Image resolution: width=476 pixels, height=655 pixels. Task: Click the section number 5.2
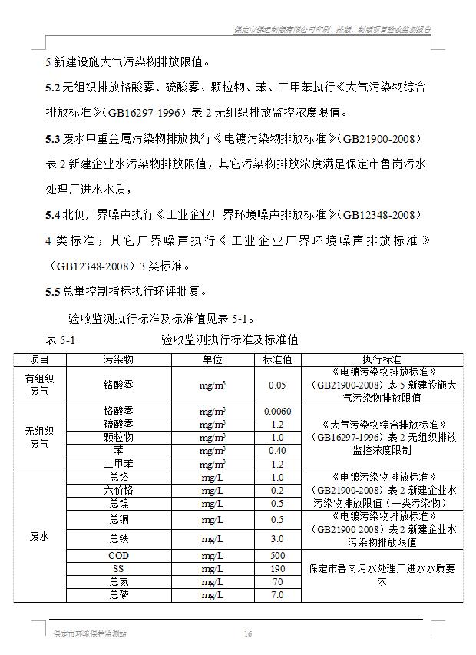52,87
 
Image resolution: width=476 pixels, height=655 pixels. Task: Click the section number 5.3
52,138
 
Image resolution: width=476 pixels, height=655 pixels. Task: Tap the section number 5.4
52,213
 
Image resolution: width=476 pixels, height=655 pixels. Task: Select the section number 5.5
52,291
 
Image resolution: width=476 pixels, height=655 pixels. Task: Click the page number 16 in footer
248,634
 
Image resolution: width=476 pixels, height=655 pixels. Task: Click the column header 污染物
119,359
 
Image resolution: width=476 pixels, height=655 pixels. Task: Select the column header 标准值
277,359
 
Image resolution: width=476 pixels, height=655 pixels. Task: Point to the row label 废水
38,537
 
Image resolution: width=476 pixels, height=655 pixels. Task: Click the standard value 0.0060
277,411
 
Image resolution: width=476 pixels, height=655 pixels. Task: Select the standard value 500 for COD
277,556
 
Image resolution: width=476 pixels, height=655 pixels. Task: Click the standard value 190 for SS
277,569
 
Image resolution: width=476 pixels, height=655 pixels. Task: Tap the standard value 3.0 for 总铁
277,538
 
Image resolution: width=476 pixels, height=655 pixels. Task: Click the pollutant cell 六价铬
119,490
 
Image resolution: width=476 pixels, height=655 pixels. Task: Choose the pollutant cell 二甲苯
119,464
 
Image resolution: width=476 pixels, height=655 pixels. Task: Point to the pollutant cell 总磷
119,594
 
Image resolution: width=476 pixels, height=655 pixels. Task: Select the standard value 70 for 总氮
277,582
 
